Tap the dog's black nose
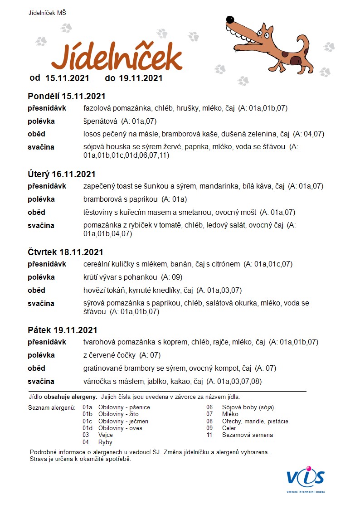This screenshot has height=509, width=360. (x=230, y=20)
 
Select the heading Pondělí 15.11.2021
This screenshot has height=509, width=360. (x=67, y=96)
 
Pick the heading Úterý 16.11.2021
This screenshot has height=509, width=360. (x=62, y=174)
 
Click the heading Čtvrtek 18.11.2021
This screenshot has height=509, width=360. (x=65, y=252)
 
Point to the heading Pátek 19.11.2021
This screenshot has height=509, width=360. (x=63, y=330)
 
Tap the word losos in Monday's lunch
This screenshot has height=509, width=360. (x=92, y=134)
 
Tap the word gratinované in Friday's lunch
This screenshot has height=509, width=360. (x=103, y=368)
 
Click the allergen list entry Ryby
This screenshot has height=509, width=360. (x=105, y=442)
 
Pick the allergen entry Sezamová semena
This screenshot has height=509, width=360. (x=247, y=435)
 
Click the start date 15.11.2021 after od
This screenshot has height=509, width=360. (x=67, y=78)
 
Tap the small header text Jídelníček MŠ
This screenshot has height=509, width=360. (x=47, y=13)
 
